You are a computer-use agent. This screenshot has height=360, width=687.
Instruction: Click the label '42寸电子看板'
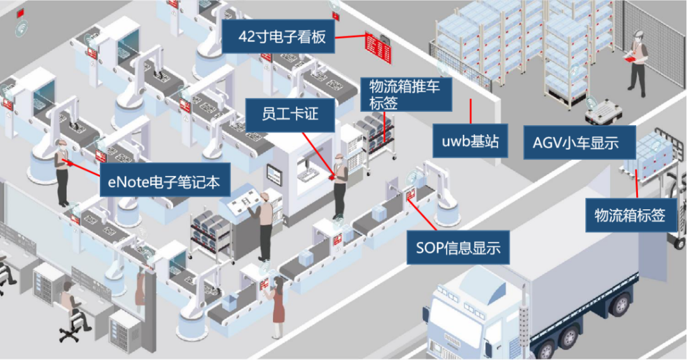click(x=279, y=36)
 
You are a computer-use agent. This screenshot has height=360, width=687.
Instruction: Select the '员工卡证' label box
click(x=290, y=115)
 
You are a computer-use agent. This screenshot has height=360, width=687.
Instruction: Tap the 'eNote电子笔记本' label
click(x=165, y=180)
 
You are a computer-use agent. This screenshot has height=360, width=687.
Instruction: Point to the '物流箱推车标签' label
click(x=406, y=95)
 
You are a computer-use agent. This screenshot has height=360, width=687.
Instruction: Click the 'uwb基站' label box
click(x=470, y=141)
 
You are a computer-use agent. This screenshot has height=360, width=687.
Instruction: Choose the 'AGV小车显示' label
click(x=579, y=142)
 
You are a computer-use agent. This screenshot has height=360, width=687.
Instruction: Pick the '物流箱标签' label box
click(x=630, y=215)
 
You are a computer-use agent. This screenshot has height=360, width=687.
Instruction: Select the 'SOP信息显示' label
click(x=458, y=247)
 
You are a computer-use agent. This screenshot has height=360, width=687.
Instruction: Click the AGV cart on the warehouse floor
click(x=604, y=113)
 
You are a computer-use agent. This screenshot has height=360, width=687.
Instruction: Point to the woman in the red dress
click(x=278, y=305)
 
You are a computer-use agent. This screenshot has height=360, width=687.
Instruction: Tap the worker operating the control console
click(x=263, y=226)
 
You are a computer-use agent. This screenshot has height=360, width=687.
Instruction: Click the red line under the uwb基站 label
click(x=471, y=111)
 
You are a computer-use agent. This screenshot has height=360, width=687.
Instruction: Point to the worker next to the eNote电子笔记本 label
click(x=62, y=172)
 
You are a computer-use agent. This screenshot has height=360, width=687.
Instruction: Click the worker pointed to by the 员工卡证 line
click(x=340, y=186)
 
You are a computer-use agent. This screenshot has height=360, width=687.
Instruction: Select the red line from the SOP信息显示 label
click(x=422, y=214)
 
